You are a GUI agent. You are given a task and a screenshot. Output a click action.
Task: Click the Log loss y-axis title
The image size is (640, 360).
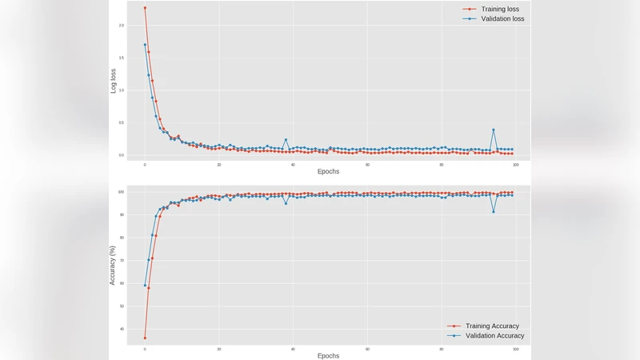pyautogui.click(x=114, y=81)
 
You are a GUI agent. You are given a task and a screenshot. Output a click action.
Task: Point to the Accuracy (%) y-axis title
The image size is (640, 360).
pyautogui.click(x=114, y=265)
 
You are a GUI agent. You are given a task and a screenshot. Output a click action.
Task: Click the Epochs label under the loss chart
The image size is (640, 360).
pyautogui.click(x=328, y=172)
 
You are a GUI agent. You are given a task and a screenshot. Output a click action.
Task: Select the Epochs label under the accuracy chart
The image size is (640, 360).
pyautogui.click(x=328, y=355)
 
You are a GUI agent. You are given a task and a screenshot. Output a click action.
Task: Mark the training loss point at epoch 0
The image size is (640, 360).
pyautogui.click(x=145, y=8)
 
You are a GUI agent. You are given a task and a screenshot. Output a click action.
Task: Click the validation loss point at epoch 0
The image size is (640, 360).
pyautogui.click(x=145, y=45)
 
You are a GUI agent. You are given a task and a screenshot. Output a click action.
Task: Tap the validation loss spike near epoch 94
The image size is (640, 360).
pyautogui.click(x=494, y=130)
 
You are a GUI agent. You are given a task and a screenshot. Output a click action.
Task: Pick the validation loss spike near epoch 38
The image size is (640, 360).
pyautogui.click(x=286, y=140)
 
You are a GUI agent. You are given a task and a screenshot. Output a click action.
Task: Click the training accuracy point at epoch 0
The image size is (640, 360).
pyautogui.click(x=145, y=338)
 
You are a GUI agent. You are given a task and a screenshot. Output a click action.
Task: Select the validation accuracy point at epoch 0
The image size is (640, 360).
pyautogui.click(x=145, y=285)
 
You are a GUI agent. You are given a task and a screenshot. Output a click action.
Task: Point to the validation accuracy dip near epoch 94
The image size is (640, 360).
pyautogui.click(x=494, y=211)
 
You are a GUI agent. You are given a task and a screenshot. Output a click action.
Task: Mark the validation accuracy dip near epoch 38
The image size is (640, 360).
pyautogui.click(x=286, y=203)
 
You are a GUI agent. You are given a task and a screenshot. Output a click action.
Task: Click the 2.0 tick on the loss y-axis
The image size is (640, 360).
pyautogui.click(x=122, y=26)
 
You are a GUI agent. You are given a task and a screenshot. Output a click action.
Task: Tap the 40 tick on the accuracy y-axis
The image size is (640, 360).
pyautogui.click(x=122, y=329)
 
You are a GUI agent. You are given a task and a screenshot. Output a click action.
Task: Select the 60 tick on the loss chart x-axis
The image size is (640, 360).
pyautogui.click(x=367, y=165)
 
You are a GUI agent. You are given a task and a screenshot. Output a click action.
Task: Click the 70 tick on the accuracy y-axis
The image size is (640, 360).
pyautogui.click(x=122, y=260)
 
